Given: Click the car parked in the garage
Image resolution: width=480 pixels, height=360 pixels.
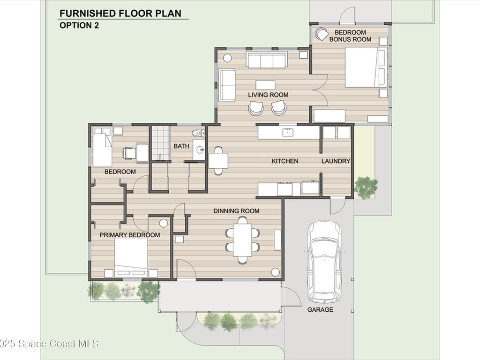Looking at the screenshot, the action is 323,261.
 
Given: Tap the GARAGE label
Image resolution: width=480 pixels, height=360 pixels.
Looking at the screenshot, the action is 320,309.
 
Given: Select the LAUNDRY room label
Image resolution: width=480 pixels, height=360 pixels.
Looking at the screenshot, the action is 336,161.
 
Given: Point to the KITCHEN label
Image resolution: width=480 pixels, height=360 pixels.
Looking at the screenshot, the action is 285,161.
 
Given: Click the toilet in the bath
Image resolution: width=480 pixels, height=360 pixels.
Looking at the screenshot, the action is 198,133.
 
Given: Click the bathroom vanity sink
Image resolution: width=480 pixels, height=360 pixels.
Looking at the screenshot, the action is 200,150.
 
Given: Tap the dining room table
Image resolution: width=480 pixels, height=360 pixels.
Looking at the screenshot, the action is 242,240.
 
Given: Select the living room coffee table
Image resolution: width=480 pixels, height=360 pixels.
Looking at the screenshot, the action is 265,85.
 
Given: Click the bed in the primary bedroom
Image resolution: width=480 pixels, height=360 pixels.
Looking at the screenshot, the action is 131,255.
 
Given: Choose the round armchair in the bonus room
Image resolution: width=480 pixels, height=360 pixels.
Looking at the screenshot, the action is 322,34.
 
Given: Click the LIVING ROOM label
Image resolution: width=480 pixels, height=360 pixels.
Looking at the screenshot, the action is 268,95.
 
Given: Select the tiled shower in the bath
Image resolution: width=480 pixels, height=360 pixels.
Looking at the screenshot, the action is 161,143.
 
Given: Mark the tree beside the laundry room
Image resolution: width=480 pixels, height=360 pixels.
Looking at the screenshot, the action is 366,187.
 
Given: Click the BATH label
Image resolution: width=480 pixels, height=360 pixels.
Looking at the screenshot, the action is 181,146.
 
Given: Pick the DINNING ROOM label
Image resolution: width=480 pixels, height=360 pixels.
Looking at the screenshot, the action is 236,211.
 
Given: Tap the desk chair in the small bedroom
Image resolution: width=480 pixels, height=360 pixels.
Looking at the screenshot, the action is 129,153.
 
